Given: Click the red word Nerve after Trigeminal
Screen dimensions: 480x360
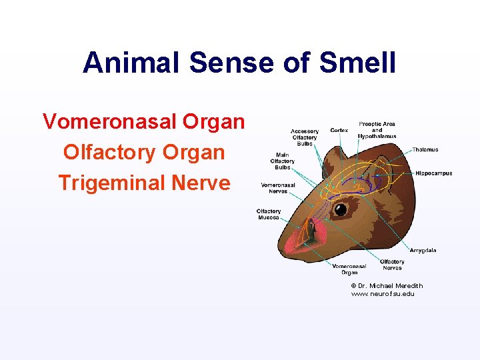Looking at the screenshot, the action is [x=204, y=182].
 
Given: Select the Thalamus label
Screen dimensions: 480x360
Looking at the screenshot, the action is [x=425, y=149].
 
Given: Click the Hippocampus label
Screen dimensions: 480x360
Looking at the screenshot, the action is [x=433, y=173].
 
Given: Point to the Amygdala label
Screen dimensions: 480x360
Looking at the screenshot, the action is [x=423, y=250].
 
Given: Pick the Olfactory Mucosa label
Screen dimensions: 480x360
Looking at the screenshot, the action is [x=269, y=214].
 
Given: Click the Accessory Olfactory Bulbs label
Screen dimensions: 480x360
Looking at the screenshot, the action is [x=304, y=137].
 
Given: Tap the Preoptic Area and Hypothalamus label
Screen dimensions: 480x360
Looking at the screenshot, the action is [x=377, y=129].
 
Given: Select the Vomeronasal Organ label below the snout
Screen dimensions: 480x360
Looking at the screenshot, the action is [x=349, y=269].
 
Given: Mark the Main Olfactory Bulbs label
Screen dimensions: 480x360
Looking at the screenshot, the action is [x=282, y=161].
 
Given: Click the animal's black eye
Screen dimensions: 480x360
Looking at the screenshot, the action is [x=340, y=210].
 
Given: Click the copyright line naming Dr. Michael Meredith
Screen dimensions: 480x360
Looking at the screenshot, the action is [x=387, y=286].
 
